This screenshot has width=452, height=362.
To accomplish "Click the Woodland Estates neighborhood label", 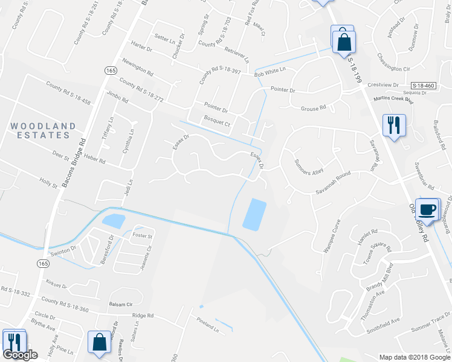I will point(44,131).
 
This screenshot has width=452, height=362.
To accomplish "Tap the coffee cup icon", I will point(428,209).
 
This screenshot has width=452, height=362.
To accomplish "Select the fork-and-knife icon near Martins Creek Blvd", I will point(393,125).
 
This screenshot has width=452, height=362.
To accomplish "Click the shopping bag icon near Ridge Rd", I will point(98,342).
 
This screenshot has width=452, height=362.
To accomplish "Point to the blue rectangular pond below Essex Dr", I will point(254,214).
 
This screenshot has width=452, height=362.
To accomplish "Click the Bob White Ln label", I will point(270,72).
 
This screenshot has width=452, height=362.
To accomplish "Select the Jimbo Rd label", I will point(117,98).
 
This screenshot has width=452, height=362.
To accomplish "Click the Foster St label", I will point(142,237).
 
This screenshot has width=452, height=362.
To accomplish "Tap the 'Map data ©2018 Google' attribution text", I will point(414,357).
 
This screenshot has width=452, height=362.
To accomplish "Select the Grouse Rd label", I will point(313,108).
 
